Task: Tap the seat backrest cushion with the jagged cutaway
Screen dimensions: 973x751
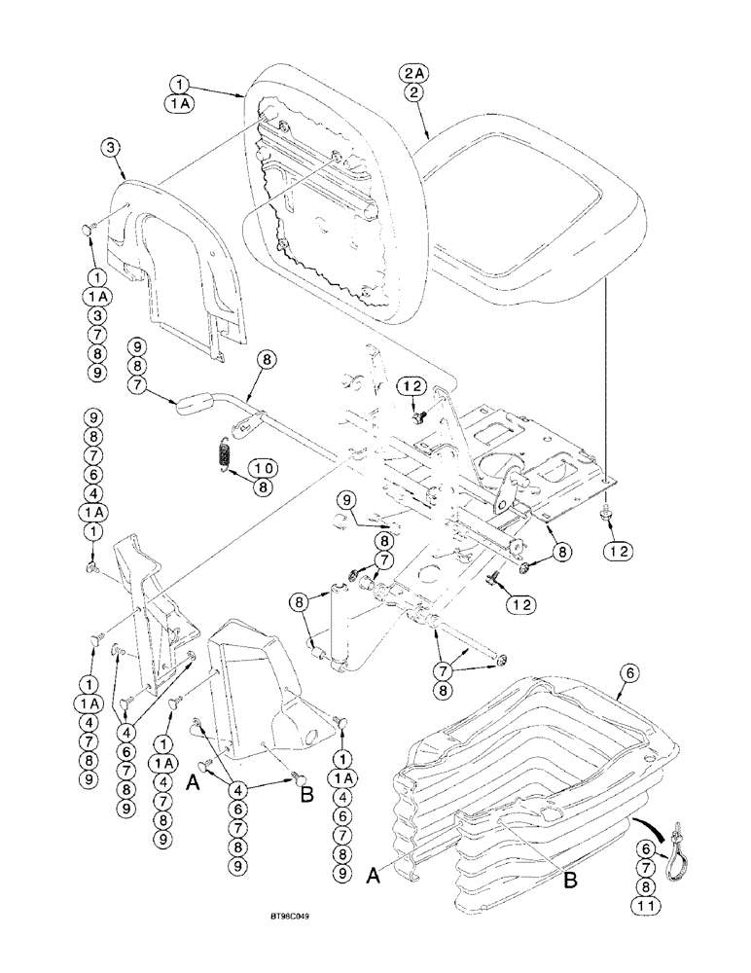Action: pyautogui.click(x=331, y=195)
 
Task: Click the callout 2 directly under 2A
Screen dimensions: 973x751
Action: pyautogui.click(x=414, y=92)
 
